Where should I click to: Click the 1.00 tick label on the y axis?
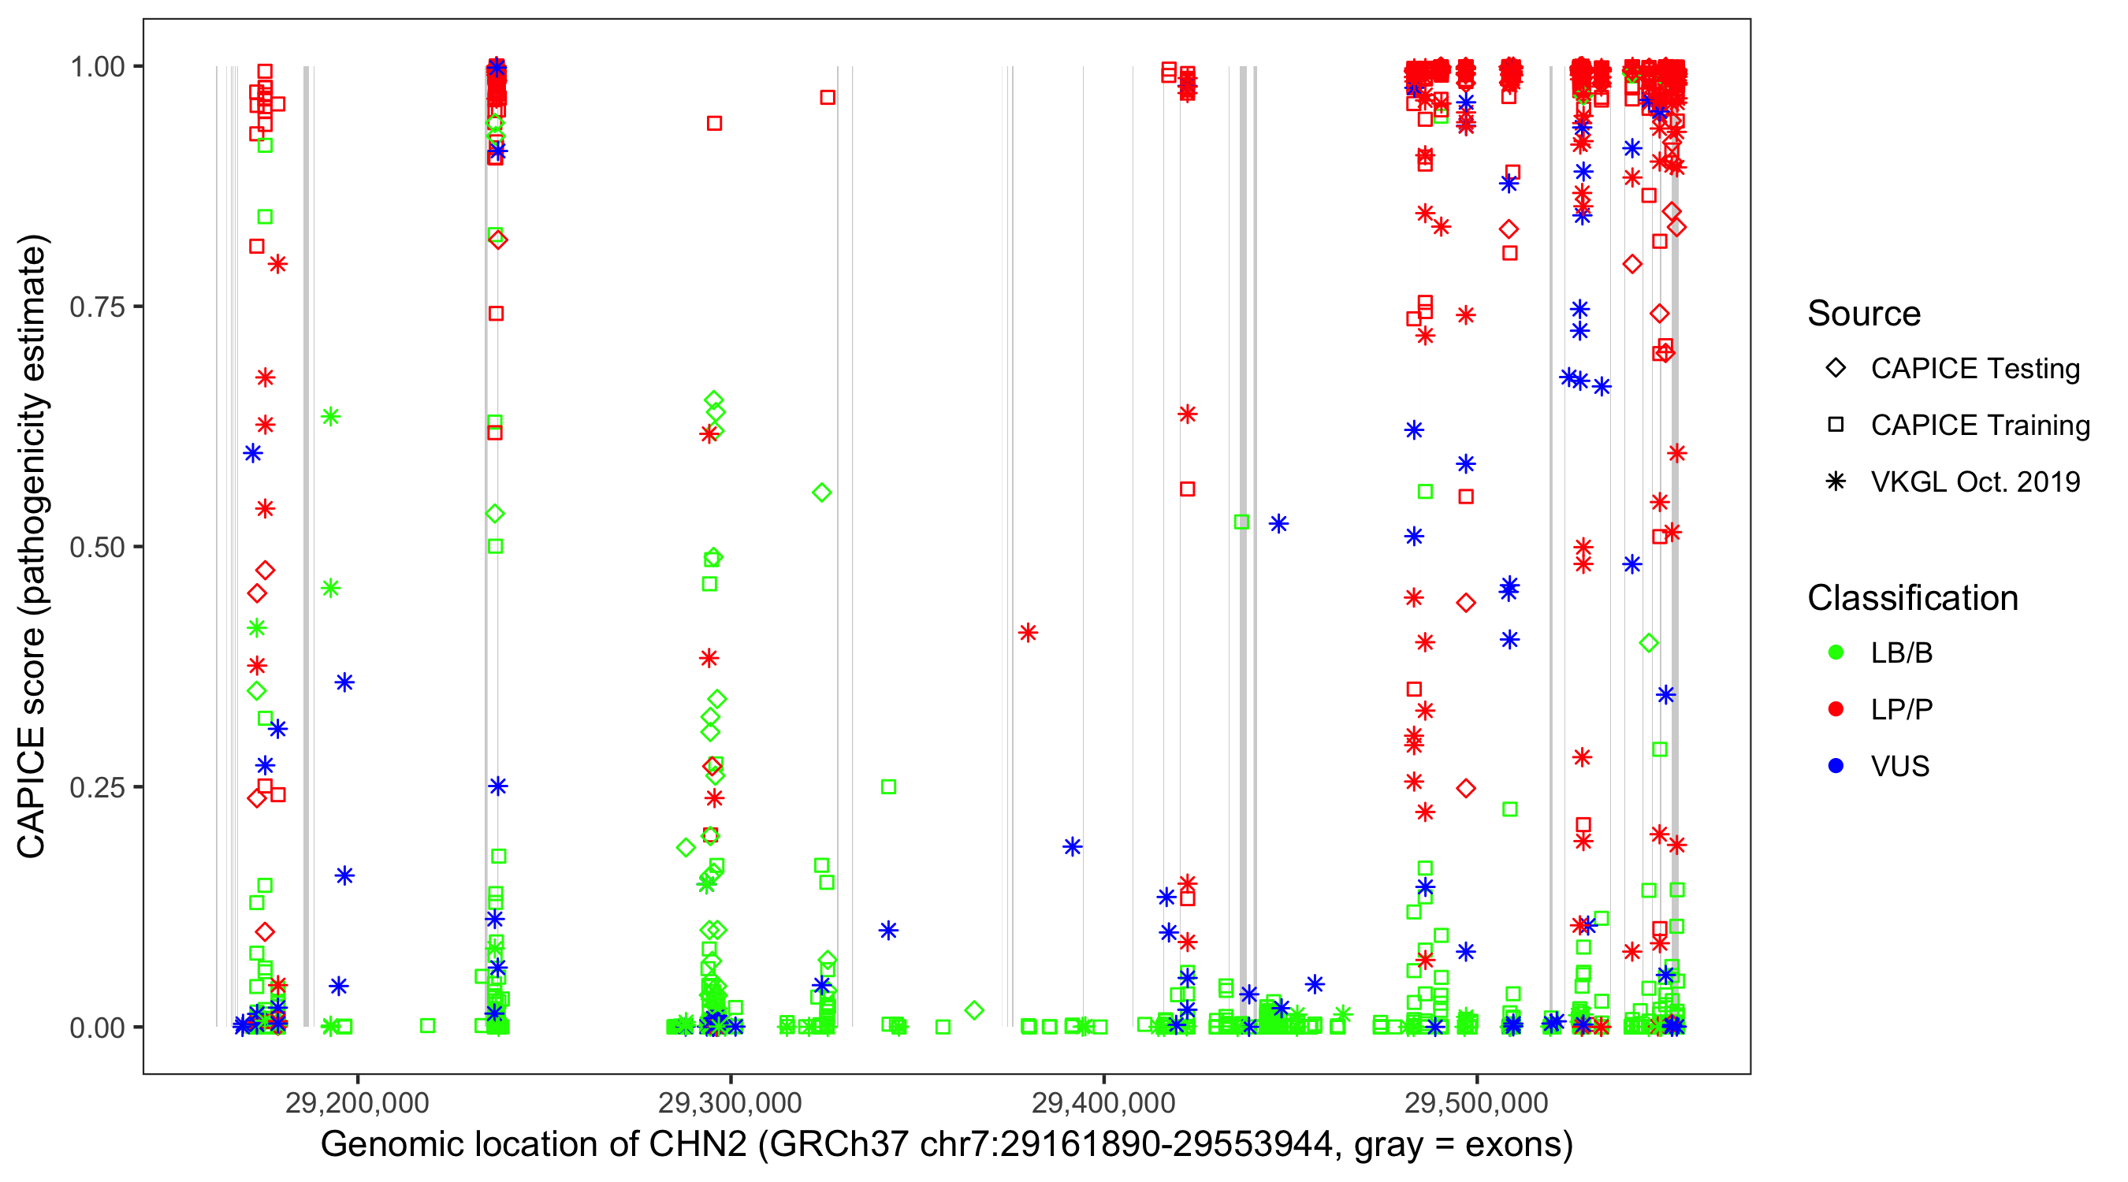click(x=97, y=66)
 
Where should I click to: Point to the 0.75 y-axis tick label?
click(x=97, y=307)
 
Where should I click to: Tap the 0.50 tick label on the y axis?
click(x=97, y=547)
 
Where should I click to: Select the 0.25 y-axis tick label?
click(x=97, y=786)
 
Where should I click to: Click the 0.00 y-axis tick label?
click(x=97, y=1027)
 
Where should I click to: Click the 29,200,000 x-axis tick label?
click(x=357, y=1102)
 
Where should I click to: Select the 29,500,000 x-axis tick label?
click(x=1476, y=1102)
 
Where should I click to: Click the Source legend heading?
click(x=1864, y=314)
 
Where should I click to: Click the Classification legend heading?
click(x=1912, y=598)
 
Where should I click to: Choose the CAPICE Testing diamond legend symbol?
click(x=1836, y=369)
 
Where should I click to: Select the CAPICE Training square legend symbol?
click(x=1836, y=425)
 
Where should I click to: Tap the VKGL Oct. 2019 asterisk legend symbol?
click(x=1836, y=481)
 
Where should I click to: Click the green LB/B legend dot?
click(x=1836, y=652)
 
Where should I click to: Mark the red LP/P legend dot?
click(x=1836, y=709)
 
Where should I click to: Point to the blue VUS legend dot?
click(x=1836, y=766)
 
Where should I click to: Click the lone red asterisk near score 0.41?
click(x=1028, y=633)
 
